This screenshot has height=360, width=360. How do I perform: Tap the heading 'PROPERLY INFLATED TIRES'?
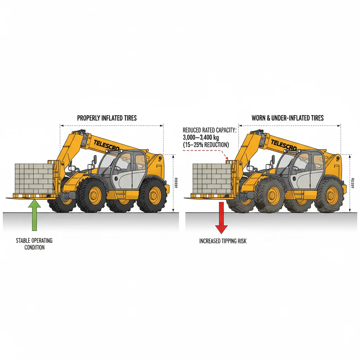click(x=107, y=118)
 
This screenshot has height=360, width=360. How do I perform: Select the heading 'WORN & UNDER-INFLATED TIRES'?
click(x=287, y=118)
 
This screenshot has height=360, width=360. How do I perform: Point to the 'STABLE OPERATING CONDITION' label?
click(x=34, y=244)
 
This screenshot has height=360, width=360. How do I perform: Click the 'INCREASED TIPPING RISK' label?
click(x=223, y=241)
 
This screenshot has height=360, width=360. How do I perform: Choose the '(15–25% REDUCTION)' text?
click(x=206, y=144)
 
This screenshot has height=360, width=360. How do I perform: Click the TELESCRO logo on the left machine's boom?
click(x=107, y=145)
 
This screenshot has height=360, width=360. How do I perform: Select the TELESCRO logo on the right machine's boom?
click(x=284, y=145)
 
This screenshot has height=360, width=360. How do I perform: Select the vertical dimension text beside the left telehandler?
click(x=175, y=183)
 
